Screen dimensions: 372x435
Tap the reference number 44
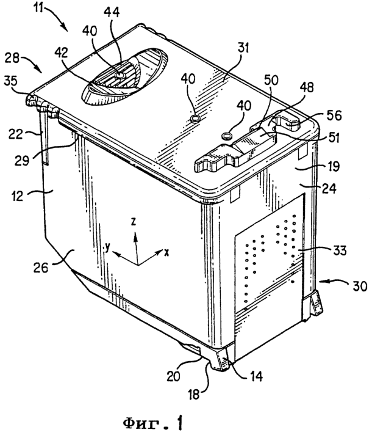[x=112, y=12]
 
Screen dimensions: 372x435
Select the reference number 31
[x=241, y=48]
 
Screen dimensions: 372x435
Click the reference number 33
[x=339, y=250]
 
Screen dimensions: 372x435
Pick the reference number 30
[x=360, y=286]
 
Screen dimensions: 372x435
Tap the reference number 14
[x=256, y=376]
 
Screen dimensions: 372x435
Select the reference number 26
[x=41, y=268]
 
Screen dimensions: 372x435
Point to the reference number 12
[x=17, y=196]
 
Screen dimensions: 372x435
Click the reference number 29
[x=21, y=160]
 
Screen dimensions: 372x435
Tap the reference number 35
[x=10, y=81]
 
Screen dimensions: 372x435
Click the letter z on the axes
[x=134, y=222]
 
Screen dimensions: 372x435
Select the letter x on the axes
[x=166, y=252]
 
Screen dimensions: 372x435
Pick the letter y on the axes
[x=108, y=247]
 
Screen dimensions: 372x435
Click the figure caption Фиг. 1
[x=154, y=423]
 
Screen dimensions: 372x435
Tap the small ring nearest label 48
[x=227, y=136]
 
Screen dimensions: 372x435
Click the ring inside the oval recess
[x=121, y=75]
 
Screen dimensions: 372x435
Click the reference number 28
[x=12, y=59]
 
